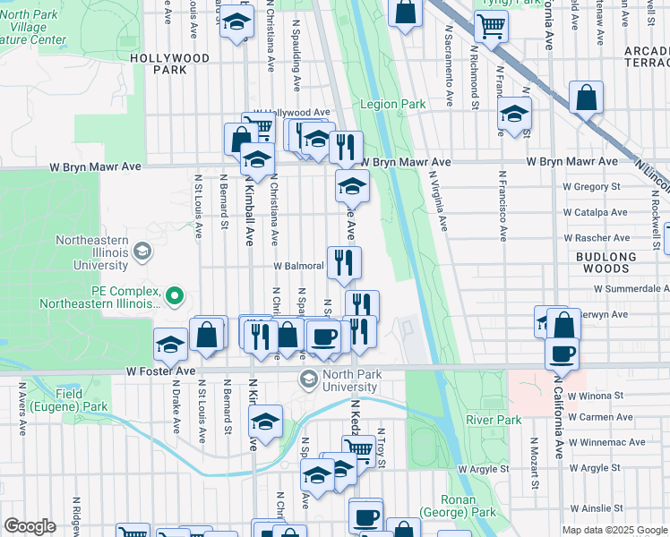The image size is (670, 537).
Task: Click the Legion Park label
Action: pyautogui.click(x=392, y=104)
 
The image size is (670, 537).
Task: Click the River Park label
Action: pyautogui.click(x=493, y=420)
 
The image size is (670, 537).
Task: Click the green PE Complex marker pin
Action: pyautogui.click(x=176, y=294)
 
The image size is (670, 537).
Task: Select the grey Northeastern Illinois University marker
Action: pyautogui.click(x=142, y=252)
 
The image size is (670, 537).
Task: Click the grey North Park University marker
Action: pyautogui.click(x=308, y=380)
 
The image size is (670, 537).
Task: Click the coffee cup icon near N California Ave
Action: pyautogui.click(x=562, y=354)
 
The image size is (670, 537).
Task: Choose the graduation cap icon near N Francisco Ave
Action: pyautogui.click(x=514, y=114)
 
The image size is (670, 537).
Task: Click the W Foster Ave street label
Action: pyautogui.click(x=160, y=371)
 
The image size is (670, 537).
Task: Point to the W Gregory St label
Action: pyautogui.click(x=591, y=187)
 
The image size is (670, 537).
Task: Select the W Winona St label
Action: pyautogui.click(x=592, y=396)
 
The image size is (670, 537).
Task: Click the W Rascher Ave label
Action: pyautogui.click(x=595, y=238)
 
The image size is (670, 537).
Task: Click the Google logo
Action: pyautogui.click(x=30, y=526)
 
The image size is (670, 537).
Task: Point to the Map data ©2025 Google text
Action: pyautogui.click(x=614, y=530)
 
